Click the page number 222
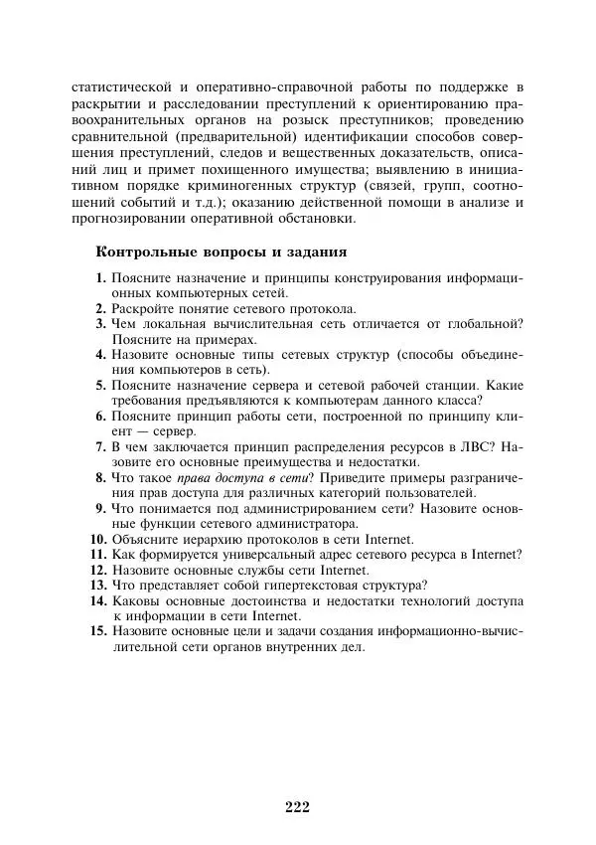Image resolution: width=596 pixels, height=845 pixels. coord(297,806)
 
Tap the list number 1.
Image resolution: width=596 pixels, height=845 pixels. coord(100,278)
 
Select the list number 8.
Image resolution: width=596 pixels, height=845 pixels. coord(100,477)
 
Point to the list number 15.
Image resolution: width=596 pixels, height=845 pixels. coord(97,630)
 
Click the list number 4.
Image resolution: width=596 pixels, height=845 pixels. coord(100,355)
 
